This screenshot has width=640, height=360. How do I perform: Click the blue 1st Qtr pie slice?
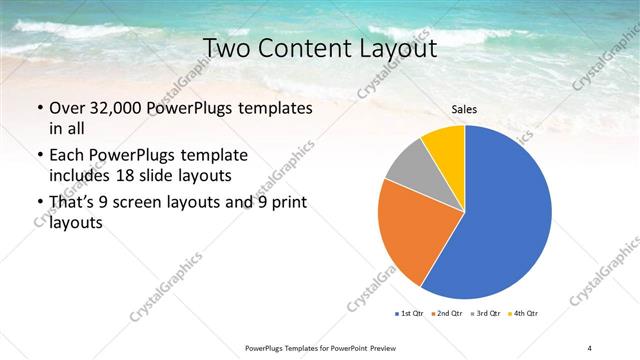(x=505, y=215)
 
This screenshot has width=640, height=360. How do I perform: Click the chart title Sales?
(x=464, y=110)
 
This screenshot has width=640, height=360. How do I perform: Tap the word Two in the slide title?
(x=226, y=48)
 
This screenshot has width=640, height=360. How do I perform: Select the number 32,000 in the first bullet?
(x=118, y=108)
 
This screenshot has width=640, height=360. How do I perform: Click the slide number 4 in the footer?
(x=589, y=347)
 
